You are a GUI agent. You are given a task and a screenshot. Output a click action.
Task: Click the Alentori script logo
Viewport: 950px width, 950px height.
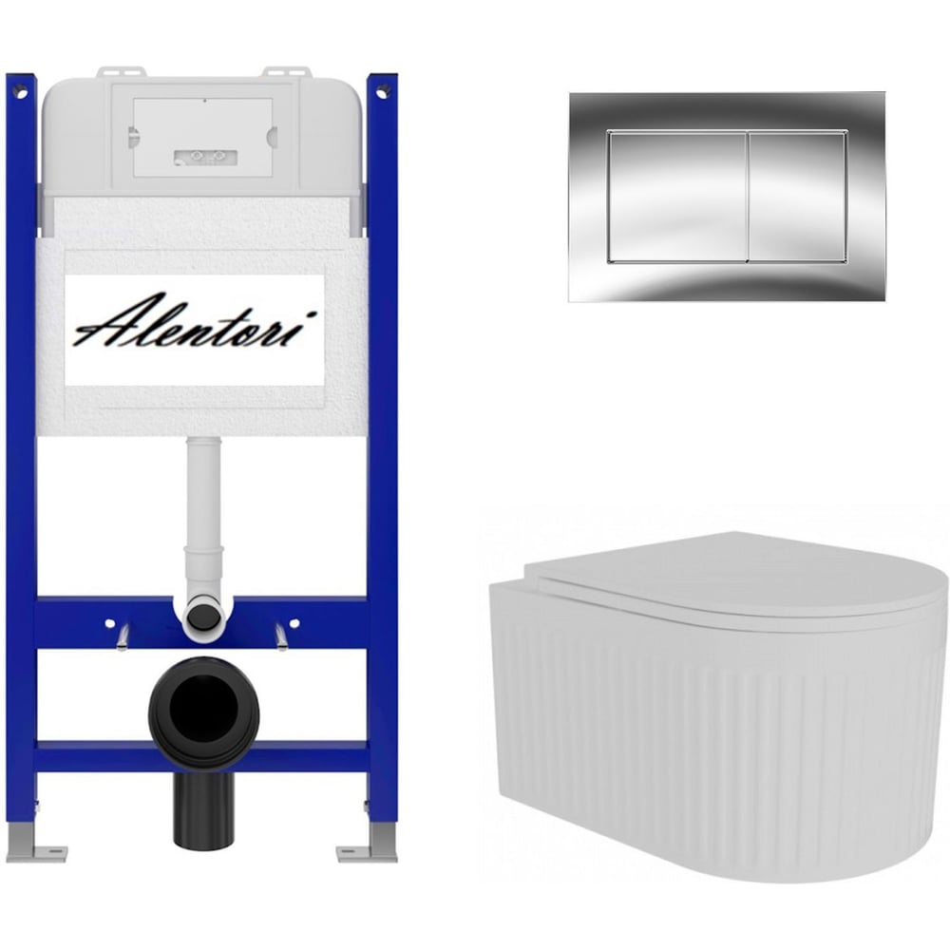pyautogui.click(x=195, y=322)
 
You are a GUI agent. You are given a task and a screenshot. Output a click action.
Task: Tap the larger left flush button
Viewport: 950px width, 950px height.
pyautogui.click(x=677, y=197)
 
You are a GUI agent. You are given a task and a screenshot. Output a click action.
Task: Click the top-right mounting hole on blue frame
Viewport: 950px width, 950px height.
pyautogui.click(x=381, y=93)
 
